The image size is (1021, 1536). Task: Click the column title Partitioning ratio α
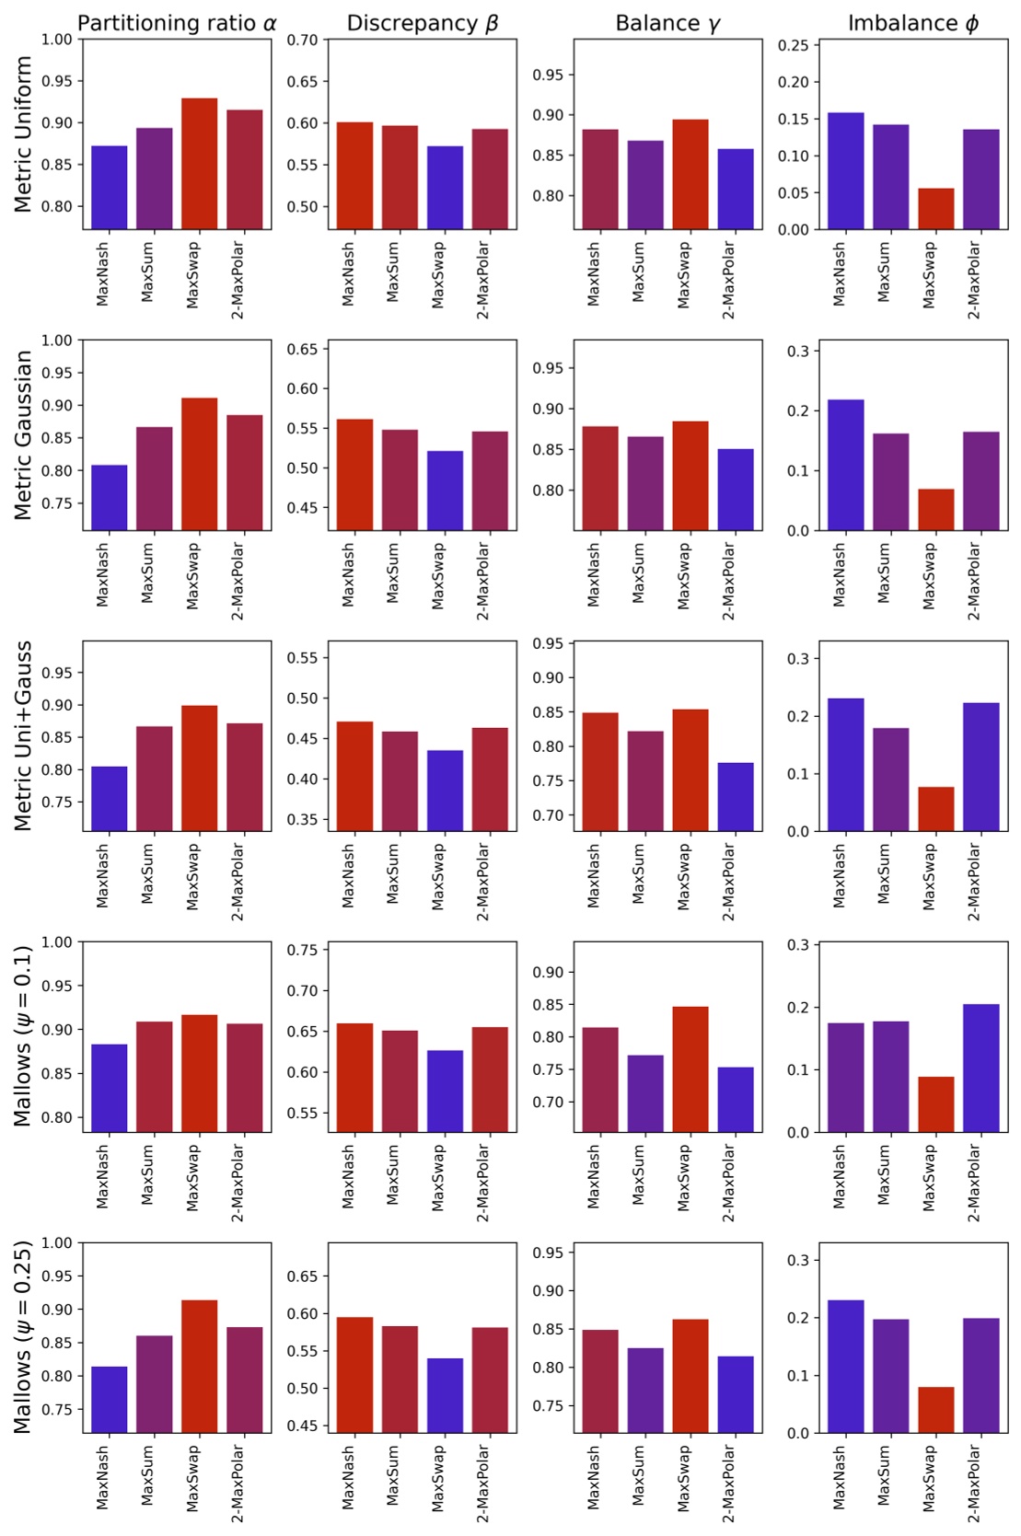tap(177, 24)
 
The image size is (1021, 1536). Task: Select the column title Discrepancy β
tap(422, 24)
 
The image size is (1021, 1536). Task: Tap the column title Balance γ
tap(667, 24)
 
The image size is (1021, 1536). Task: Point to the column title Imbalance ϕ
tap(912, 24)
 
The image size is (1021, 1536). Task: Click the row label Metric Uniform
tap(24, 134)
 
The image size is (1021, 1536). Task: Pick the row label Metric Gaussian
tap(24, 435)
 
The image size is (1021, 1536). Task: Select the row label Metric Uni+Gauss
tap(24, 736)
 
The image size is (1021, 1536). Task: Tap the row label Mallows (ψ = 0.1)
tap(24, 1036)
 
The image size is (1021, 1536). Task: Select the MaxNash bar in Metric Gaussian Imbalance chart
tap(846, 465)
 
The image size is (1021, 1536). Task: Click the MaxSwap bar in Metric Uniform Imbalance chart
tap(936, 209)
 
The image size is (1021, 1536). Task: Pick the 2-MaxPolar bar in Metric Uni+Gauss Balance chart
tap(736, 797)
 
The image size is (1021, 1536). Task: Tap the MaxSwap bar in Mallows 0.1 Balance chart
tap(690, 1069)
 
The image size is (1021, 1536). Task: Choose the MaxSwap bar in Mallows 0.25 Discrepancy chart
tap(445, 1395)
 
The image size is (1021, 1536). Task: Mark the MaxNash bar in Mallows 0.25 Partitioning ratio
tap(110, 1400)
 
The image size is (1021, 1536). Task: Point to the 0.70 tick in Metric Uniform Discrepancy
tap(302, 40)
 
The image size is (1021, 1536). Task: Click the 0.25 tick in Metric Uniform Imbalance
tap(794, 45)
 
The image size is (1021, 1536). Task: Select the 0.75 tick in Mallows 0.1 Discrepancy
tap(302, 951)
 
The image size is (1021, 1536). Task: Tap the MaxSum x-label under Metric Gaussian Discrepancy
tap(393, 572)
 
